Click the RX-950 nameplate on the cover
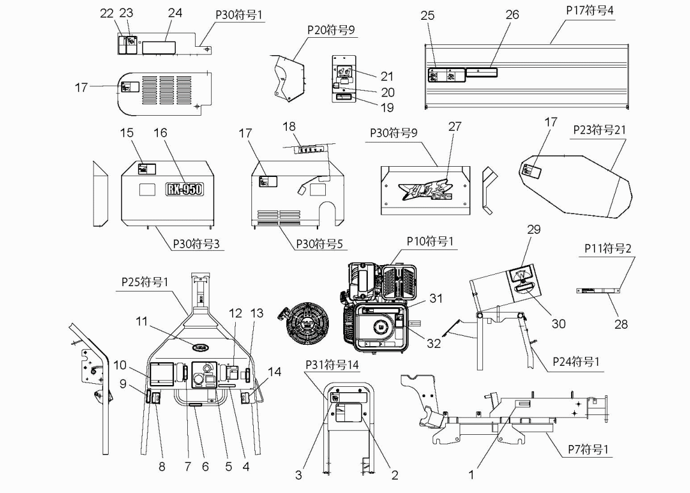tap(184, 190)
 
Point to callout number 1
tap(472, 474)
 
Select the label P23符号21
tap(590, 131)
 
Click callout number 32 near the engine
tap(434, 343)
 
